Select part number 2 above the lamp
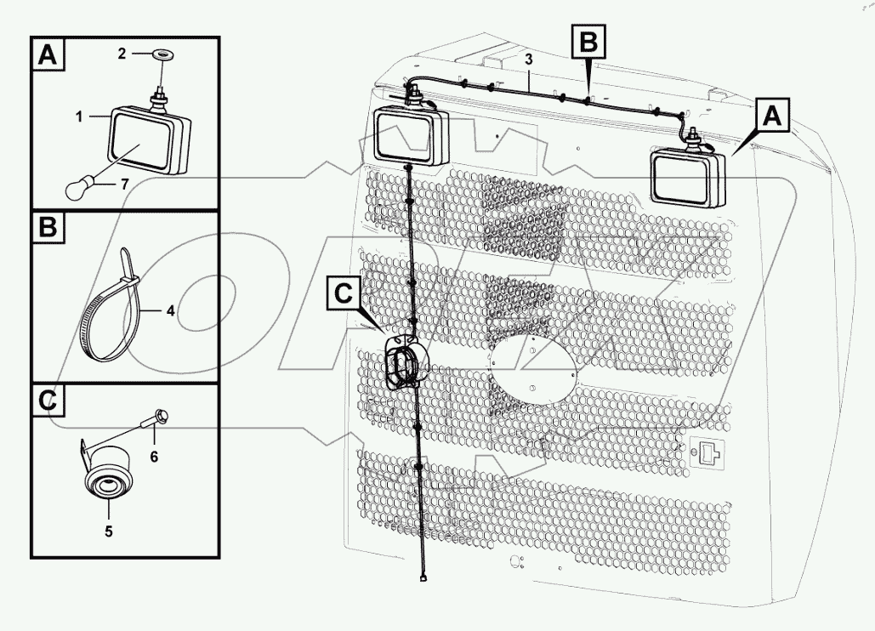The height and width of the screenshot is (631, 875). pos(122,54)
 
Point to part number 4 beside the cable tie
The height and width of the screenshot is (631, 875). pos(170,311)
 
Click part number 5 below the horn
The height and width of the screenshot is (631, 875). pos(109,532)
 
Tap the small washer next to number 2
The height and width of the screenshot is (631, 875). pos(158,55)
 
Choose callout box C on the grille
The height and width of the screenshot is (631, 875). pos(342,293)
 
